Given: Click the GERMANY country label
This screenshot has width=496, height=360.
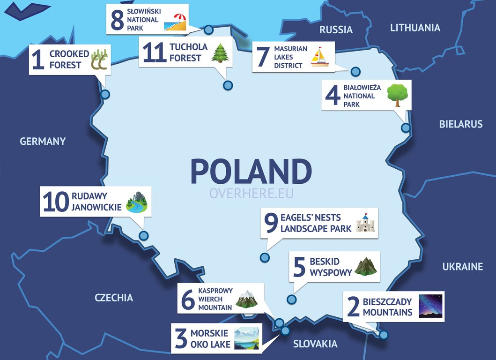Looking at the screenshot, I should [43, 141].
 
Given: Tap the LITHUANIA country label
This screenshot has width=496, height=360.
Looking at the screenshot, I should [415, 28].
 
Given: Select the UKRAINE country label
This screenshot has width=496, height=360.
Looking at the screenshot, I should [462, 267].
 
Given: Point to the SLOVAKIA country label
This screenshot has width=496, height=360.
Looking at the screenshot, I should [315, 344].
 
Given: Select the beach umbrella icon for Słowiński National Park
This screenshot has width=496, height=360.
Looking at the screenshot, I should [176, 22].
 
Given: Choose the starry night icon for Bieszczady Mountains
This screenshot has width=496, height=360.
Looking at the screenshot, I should [430, 306].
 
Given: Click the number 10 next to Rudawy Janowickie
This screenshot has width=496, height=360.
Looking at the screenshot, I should [56, 202].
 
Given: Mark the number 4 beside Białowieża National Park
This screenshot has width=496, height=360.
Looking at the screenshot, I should [332, 96].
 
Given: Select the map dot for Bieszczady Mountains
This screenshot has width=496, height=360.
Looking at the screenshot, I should [384, 335].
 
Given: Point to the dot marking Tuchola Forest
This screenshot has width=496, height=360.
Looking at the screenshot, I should [228, 85].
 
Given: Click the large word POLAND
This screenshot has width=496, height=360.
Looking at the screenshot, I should [251, 172].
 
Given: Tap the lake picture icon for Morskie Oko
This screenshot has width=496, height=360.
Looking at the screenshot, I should [246, 338].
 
